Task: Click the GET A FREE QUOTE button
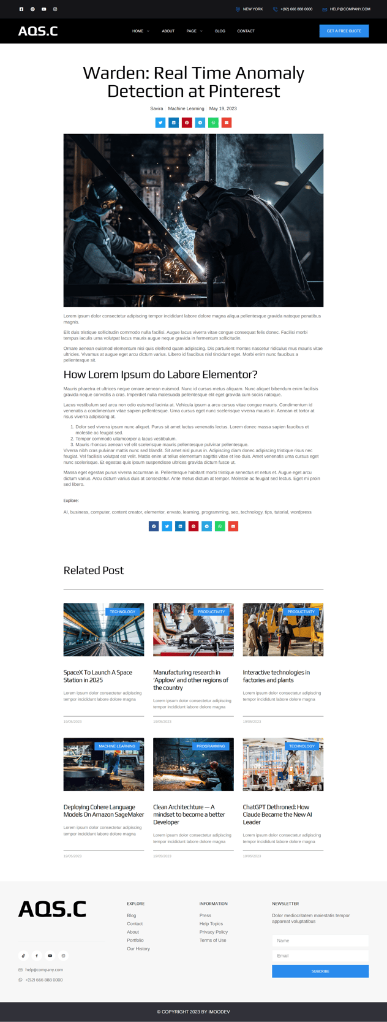click(x=344, y=31)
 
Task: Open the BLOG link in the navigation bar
click(x=220, y=31)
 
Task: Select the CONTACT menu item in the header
click(x=246, y=31)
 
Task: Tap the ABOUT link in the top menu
click(x=168, y=31)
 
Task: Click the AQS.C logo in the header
click(x=38, y=31)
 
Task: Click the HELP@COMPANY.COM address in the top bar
click(x=350, y=9)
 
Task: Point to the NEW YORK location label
click(x=252, y=9)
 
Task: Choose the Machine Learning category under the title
click(x=186, y=108)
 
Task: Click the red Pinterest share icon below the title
click(x=187, y=123)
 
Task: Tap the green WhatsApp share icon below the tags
click(x=220, y=526)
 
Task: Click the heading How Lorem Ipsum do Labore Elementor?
click(x=160, y=374)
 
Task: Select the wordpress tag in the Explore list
click(x=301, y=512)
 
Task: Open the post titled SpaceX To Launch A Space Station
click(x=98, y=676)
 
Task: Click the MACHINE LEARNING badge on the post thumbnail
click(x=117, y=746)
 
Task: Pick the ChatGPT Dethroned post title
click(x=277, y=814)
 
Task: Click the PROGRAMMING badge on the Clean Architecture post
click(x=211, y=746)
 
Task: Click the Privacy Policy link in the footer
click(x=213, y=932)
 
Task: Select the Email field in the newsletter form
click(x=320, y=956)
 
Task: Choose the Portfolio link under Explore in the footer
click(x=135, y=940)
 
